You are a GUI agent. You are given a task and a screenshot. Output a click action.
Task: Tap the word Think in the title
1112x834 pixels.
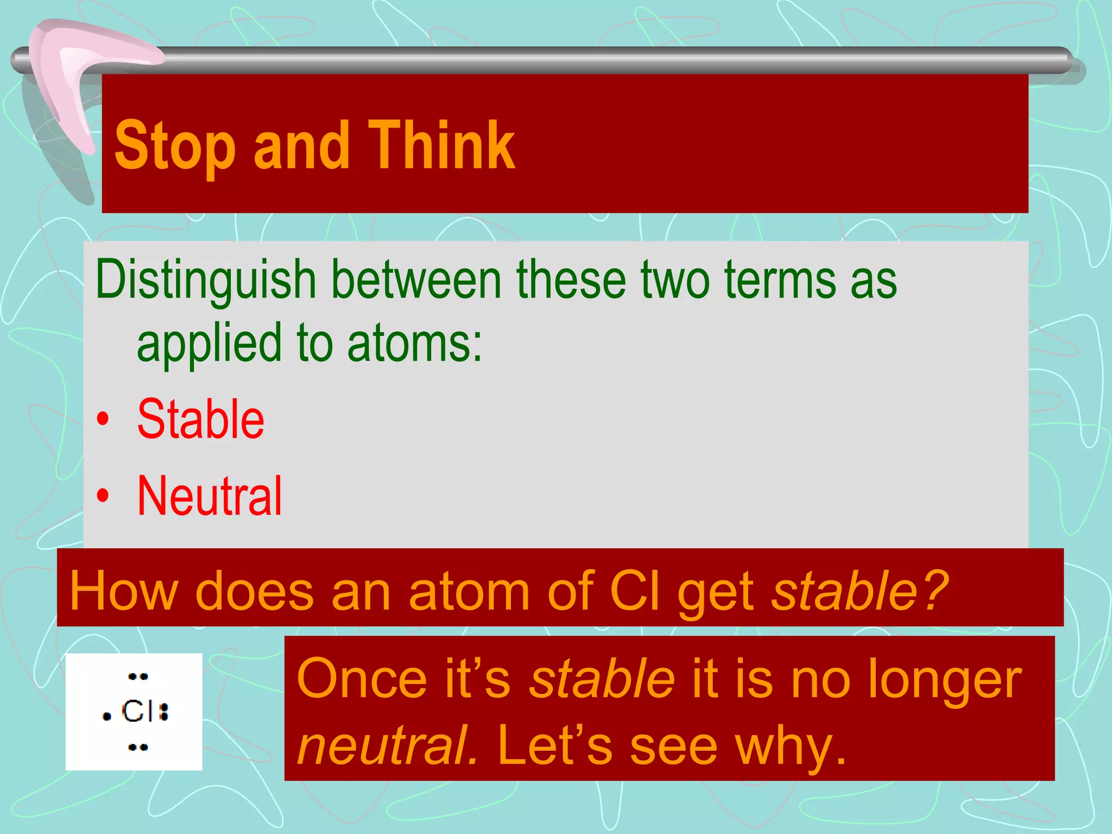point(441,146)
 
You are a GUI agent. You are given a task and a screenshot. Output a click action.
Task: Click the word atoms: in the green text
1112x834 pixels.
point(414,343)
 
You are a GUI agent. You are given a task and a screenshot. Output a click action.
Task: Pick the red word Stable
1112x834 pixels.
point(200,419)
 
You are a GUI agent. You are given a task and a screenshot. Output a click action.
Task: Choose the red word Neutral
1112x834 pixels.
point(210,496)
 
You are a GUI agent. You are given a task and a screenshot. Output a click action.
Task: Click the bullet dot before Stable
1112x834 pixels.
point(103,420)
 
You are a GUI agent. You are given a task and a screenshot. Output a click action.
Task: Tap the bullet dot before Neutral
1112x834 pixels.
point(103,495)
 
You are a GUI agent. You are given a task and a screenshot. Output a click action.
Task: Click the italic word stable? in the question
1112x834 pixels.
point(861,591)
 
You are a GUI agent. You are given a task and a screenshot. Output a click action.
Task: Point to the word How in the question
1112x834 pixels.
point(123,591)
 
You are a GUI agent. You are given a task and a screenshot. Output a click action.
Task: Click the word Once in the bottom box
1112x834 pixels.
point(362,679)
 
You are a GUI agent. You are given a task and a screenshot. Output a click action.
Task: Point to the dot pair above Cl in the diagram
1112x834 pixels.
point(138,677)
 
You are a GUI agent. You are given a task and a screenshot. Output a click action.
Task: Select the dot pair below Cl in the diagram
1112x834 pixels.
point(138,748)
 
